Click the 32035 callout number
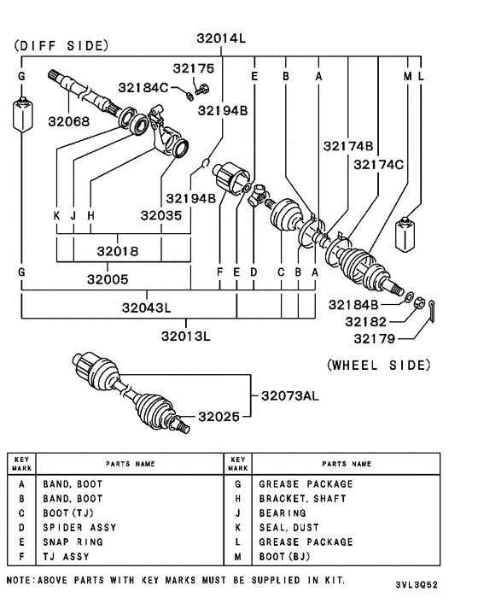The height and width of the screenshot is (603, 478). (x=160, y=217)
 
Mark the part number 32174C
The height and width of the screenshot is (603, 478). (x=379, y=165)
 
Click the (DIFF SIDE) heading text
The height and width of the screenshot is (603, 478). (x=61, y=45)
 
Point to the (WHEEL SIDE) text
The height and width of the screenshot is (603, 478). (x=378, y=365)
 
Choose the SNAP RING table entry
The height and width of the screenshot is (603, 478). (x=73, y=542)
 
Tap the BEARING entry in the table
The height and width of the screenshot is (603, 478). (x=282, y=513)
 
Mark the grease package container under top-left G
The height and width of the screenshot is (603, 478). (x=21, y=114)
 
